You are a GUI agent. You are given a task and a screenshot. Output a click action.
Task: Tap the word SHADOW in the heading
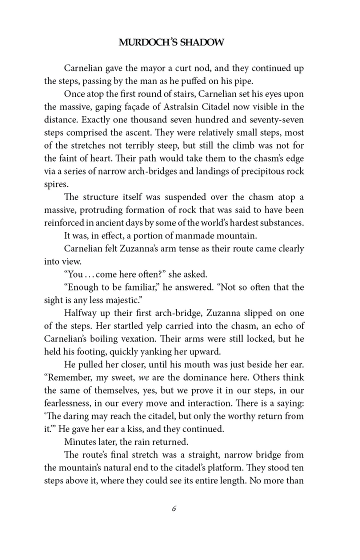(202, 43)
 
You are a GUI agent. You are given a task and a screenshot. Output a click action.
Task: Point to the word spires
(54, 185)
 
